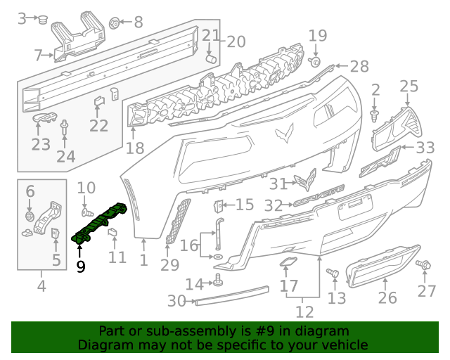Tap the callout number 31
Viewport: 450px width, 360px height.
tap(278, 184)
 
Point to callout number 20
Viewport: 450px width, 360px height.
tap(236, 41)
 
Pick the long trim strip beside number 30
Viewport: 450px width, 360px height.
tap(232, 295)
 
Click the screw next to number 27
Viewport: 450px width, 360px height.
tap(425, 265)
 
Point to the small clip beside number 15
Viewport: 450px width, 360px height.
tap(218, 205)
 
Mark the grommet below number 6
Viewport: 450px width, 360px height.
tap(30, 215)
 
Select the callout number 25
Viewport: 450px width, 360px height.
tap(409, 86)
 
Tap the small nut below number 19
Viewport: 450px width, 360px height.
tap(315, 62)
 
